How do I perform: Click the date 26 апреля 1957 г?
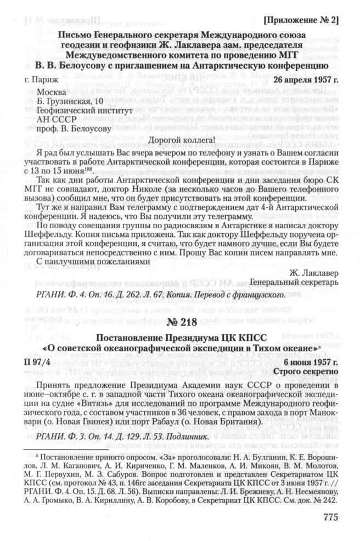(x=305, y=80)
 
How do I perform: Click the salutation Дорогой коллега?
(x=180, y=139)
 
